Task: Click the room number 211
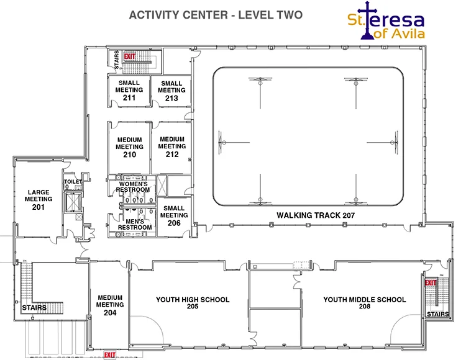click(x=129, y=97)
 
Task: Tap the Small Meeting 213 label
click(x=171, y=91)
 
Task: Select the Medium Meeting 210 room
click(x=130, y=147)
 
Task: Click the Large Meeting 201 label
click(x=39, y=200)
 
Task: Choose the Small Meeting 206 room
click(x=174, y=216)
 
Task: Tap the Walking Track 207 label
click(x=316, y=215)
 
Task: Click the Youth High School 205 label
click(x=193, y=302)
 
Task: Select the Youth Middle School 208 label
click(x=365, y=302)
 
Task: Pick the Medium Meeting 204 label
click(x=110, y=305)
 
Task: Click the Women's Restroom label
click(x=133, y=187)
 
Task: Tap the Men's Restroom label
click(x=135, y=224)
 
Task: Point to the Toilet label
click(x=73, y=182)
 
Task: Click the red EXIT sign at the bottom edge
click(x=109, y=354)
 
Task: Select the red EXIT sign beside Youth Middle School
click(x=431, y=283)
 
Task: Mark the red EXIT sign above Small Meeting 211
click(x=130, y=56)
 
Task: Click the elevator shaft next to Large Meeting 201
click(x=73, y=202)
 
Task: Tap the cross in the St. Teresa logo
click(x=367, y=20)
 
